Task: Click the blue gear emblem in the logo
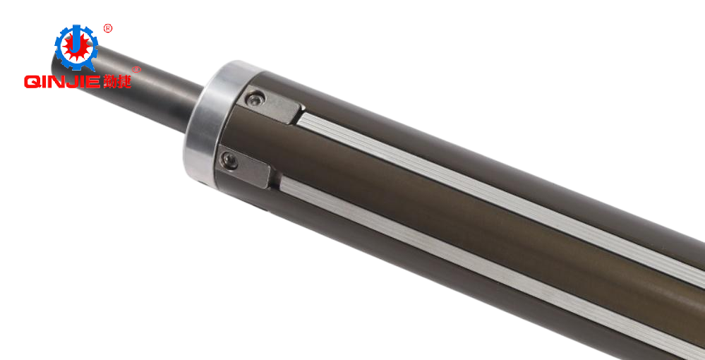[76, 47]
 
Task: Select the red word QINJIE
[62, 81]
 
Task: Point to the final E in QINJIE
[94, 81]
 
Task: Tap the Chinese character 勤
[109, 80]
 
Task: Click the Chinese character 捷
[124, 80]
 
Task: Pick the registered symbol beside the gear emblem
[108, 29]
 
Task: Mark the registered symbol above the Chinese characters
[136, 70]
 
